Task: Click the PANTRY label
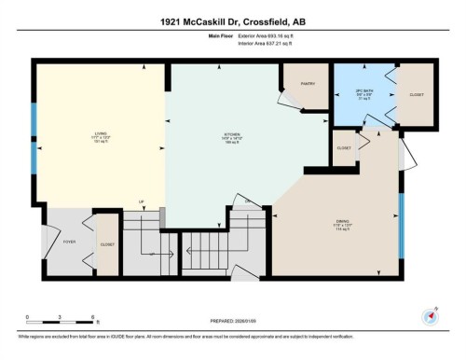tap(308, 83)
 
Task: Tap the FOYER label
tap(69, 242)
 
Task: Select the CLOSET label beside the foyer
tap(107, 242)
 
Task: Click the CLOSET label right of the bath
tap(416, 94)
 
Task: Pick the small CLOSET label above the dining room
tap(344, 147)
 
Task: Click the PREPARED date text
tap(233, 324)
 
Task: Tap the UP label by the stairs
tap(142, 201)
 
